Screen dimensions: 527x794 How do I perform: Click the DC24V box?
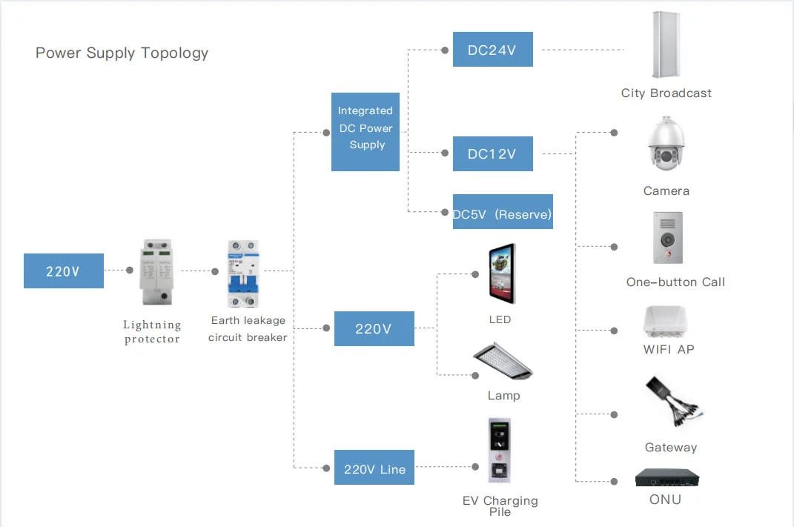pos(492,50)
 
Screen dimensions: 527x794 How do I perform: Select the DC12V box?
pos(492,154)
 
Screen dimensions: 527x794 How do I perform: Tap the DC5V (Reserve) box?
pos(503,213)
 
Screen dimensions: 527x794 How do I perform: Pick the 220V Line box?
pos(374,468)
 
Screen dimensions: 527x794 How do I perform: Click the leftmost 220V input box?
pos(63,271)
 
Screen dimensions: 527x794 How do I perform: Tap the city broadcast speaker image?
pos(666,45)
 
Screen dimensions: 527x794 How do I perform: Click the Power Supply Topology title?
pos(122,53)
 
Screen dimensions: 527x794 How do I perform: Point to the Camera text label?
pos(666,190)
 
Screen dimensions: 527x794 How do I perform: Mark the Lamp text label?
pos(503,395)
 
